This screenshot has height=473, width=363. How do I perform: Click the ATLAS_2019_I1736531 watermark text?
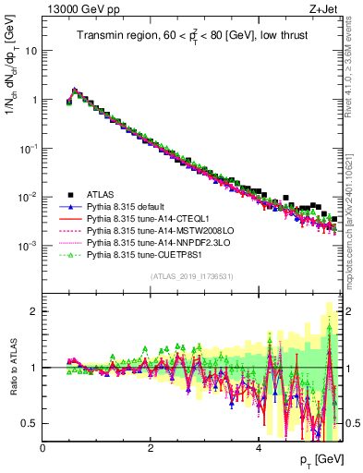tap(192, 276)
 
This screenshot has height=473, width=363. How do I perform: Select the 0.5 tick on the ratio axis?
tap(31, 423)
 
